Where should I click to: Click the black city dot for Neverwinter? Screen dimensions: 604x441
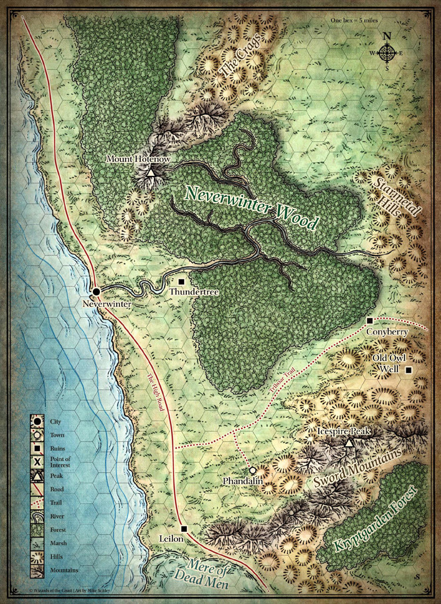pos(96,291)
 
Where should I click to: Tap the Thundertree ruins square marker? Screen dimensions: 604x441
pos(181,282)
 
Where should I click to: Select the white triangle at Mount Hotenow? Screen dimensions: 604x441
pos(151,173)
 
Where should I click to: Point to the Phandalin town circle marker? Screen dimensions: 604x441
pos(252,470)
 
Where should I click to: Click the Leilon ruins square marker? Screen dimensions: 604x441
pos(183,528)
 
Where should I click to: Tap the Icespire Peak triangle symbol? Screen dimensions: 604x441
pos(349,443)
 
